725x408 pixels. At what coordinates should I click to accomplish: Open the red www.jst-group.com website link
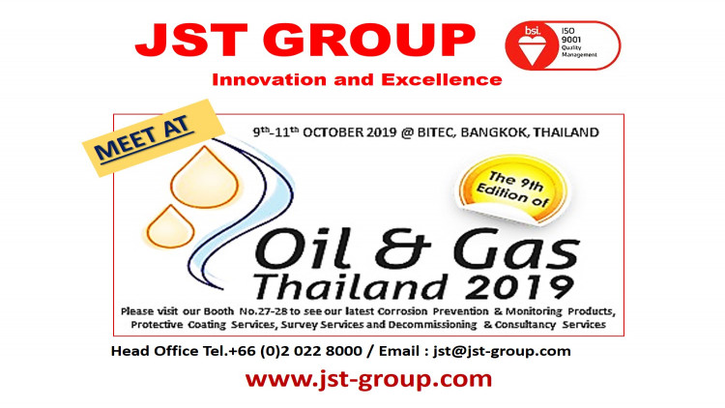coord(368,379)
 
